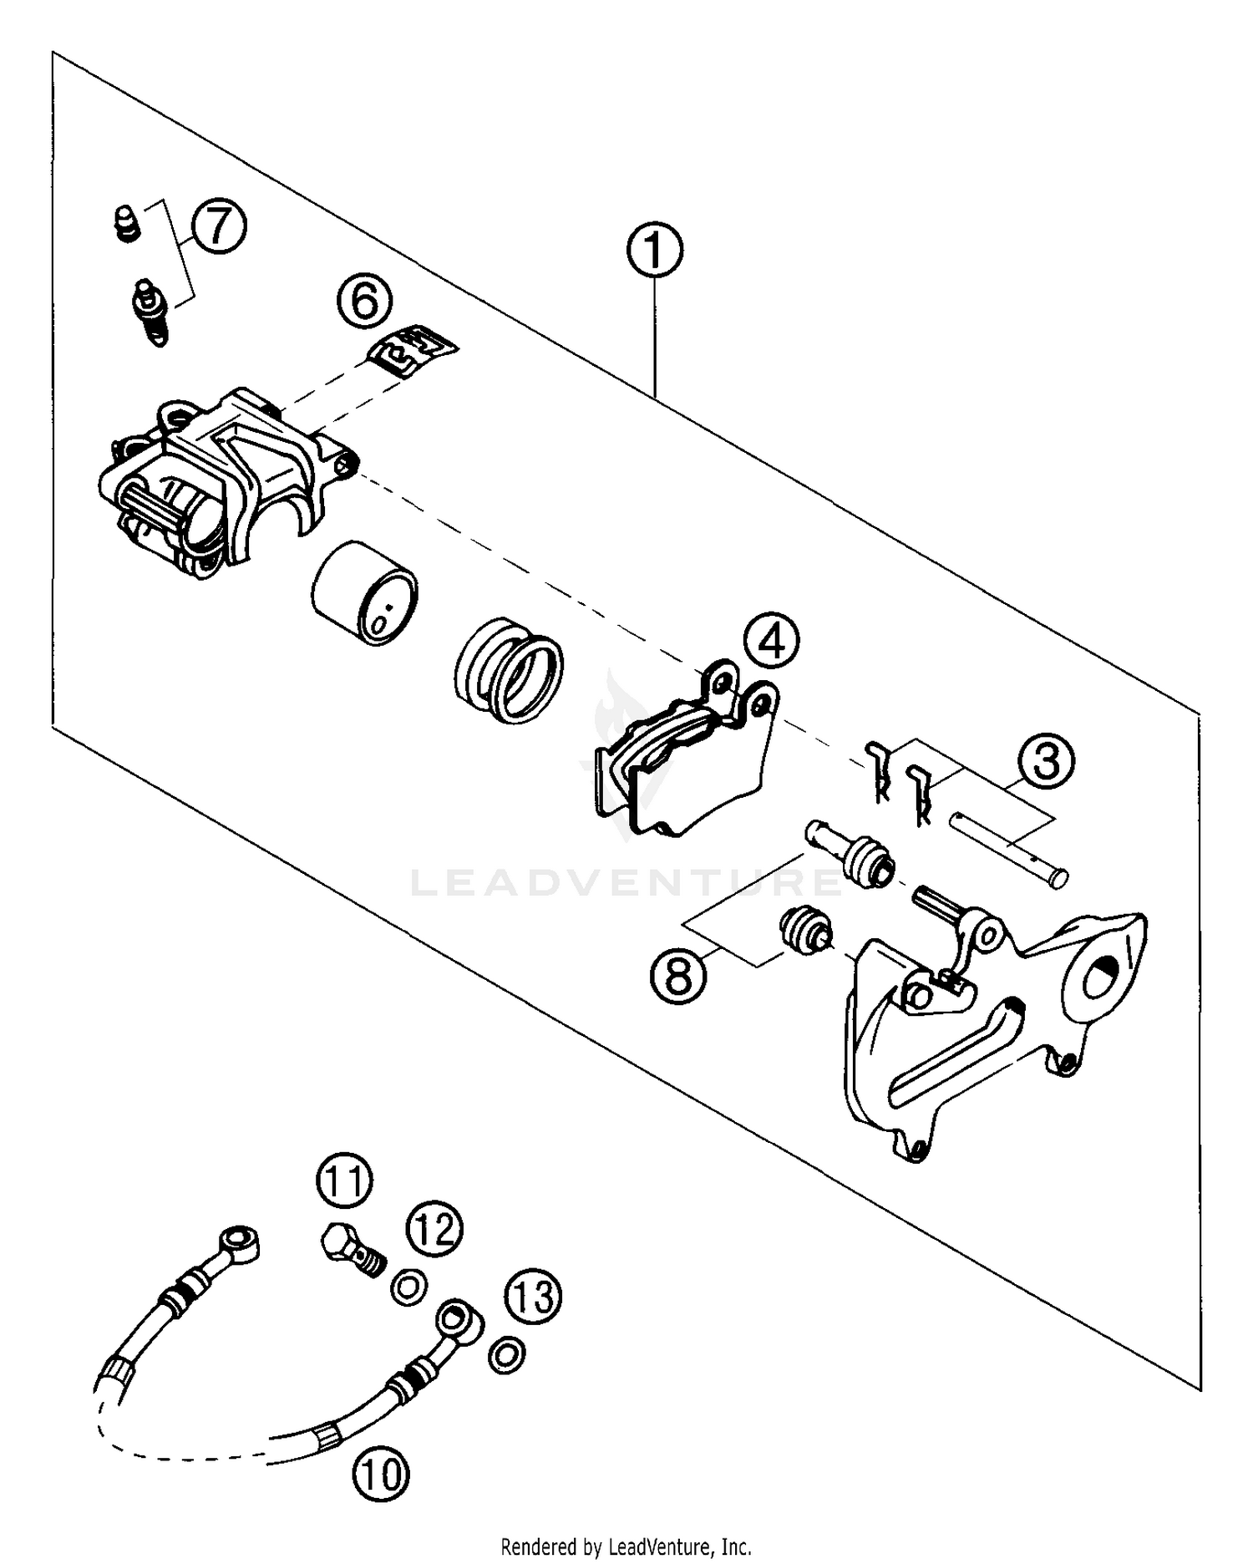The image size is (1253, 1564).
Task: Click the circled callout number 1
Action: coord(655,250)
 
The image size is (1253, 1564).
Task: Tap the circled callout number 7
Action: coord(219,226)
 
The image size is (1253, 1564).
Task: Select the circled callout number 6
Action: coord(365,301)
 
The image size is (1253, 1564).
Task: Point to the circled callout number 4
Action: coord(771,641)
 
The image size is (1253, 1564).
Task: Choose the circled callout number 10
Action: coord(381,1475)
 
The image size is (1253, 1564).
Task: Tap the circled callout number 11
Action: coord(344,1181)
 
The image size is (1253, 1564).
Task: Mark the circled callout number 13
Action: coord(533,1297)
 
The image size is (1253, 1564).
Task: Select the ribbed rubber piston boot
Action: coord(510,668)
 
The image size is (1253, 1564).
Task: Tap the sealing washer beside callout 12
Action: coord(408,1286)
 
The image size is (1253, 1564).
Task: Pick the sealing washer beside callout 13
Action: coord(506,1353)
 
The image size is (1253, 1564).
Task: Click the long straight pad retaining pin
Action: coord(1007,849)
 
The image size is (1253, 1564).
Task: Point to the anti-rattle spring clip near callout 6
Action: coord(413,350)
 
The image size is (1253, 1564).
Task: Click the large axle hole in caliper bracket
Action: coord(1104,975)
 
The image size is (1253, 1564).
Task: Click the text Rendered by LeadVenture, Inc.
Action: coord(626,1546)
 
